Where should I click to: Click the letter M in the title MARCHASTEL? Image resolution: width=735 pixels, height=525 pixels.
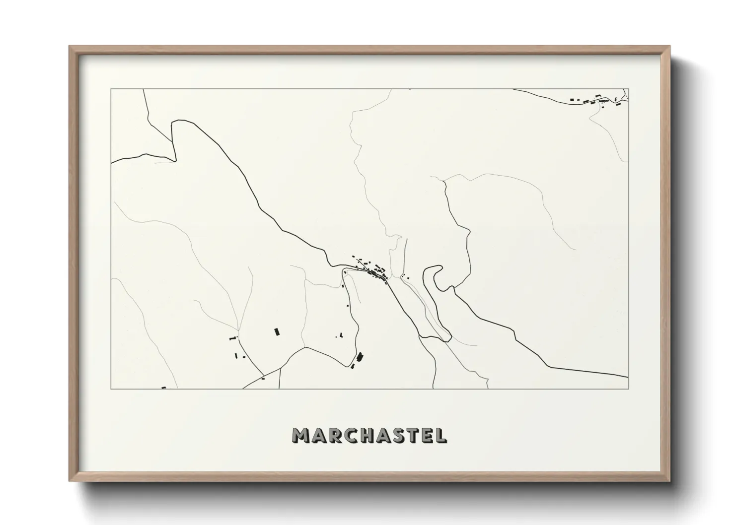302,435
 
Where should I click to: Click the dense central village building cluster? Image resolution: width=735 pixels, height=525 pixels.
374,270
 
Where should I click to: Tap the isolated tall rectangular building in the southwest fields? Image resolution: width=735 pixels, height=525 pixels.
276,331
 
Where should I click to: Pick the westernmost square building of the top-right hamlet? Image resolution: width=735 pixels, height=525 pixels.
572,100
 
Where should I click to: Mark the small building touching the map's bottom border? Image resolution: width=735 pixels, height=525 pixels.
163,388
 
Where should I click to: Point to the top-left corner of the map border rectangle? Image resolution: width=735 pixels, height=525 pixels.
111,89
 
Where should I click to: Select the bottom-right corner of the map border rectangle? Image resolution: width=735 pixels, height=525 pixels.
629,389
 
